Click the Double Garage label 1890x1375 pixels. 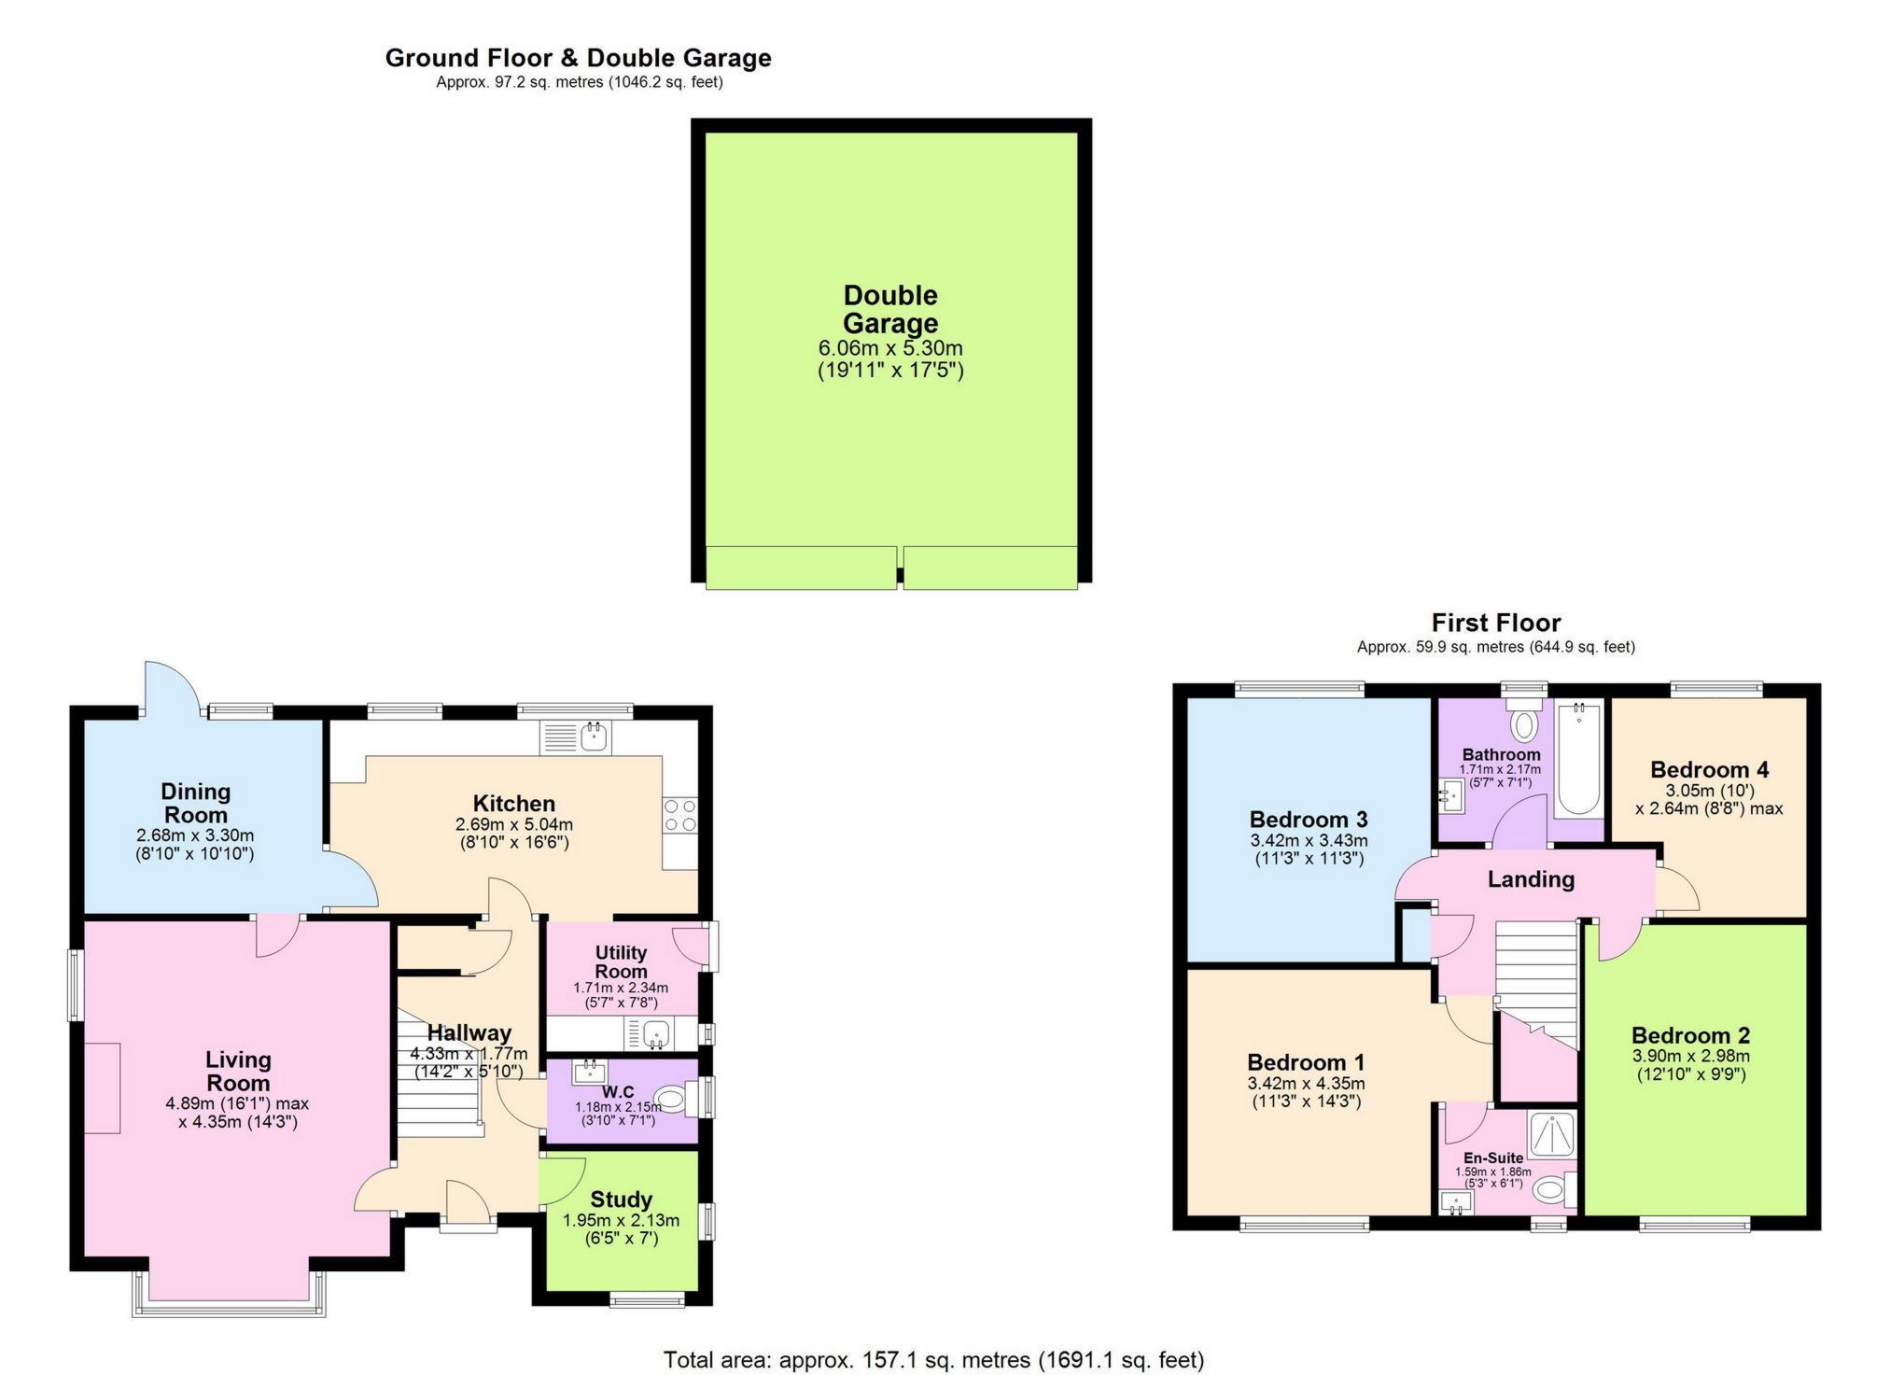(x=889, y=309)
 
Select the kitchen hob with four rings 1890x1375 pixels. (x=679, y=815)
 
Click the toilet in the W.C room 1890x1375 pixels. (x=675, y=1097)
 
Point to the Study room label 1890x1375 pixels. (x=621, y=1200)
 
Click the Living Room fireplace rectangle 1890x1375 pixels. (x=103, y=1087)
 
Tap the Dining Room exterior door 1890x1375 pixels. (x=172, y=688)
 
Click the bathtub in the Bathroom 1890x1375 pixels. (x=1577, y=759)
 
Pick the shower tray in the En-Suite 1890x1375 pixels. (x=1551, y=1134)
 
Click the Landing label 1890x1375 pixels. (x=1531, y=879)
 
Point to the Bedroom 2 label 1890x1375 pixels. (x=1690, y=1035)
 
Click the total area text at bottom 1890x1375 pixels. (x=933, y=1360)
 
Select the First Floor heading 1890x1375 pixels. (x=1495, y=623)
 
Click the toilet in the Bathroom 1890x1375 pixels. (x=1525, y=723)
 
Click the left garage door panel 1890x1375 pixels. (x=801, y=568)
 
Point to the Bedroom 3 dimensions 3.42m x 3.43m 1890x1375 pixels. (x=1309, y=840)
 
